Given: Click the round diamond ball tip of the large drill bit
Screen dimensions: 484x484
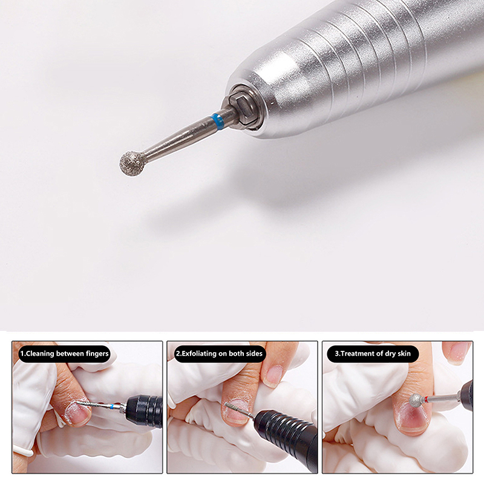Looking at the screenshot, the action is [x=132, y=163].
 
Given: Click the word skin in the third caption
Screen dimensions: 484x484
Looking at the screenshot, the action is [x=404, y=353].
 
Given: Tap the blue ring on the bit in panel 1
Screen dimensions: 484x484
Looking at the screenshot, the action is [x=111, y=406].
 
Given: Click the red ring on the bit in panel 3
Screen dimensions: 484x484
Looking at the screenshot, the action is [x=427, y=400].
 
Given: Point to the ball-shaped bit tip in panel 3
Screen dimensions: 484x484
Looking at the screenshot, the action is [x=416, y=400].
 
